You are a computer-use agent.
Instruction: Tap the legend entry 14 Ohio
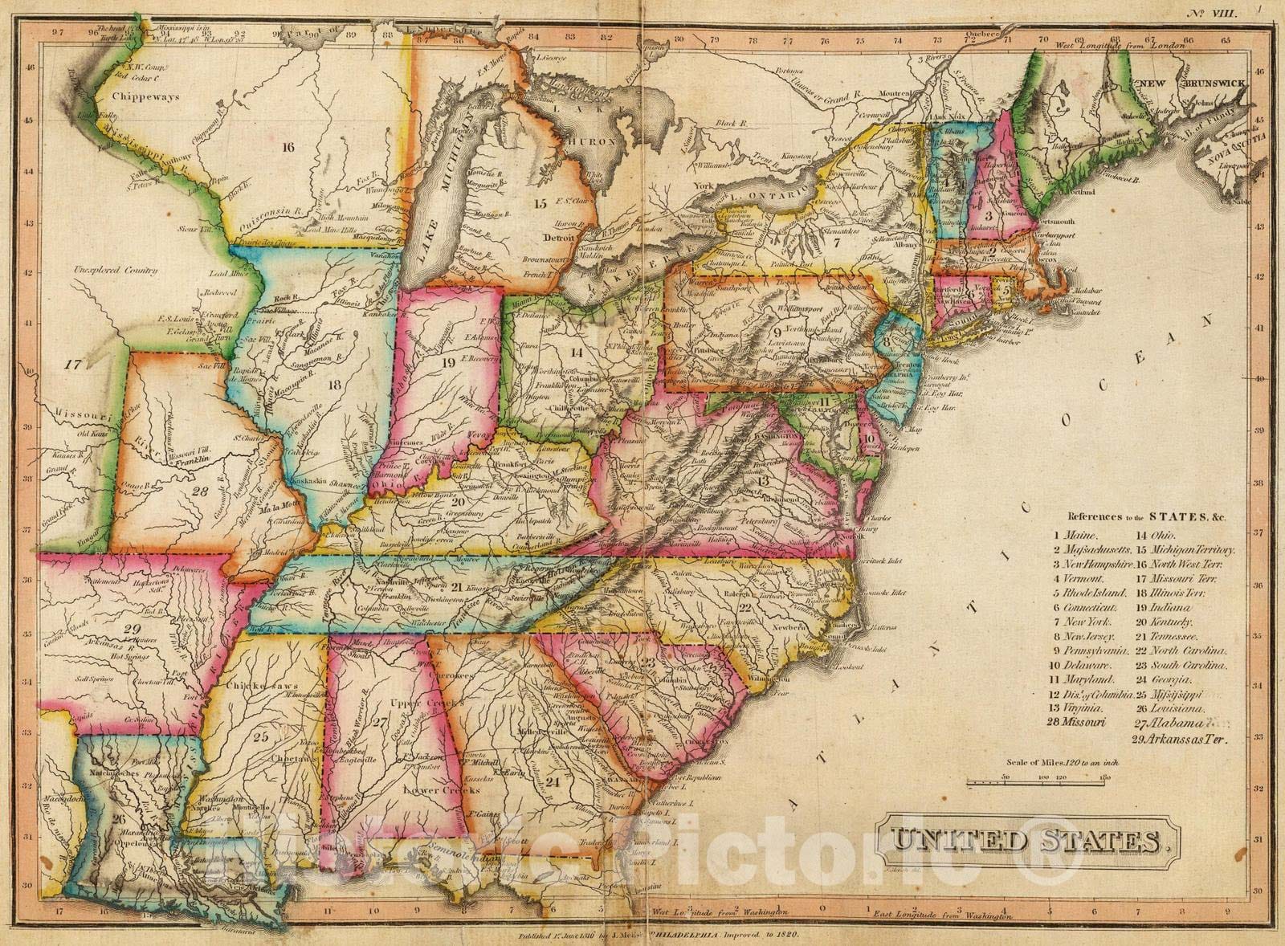click(1155, 535)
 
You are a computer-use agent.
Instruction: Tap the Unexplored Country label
click(114, 271)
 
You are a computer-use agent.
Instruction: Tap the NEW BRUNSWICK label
click(1177, 83)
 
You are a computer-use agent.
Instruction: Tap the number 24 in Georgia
click(552, 780)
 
